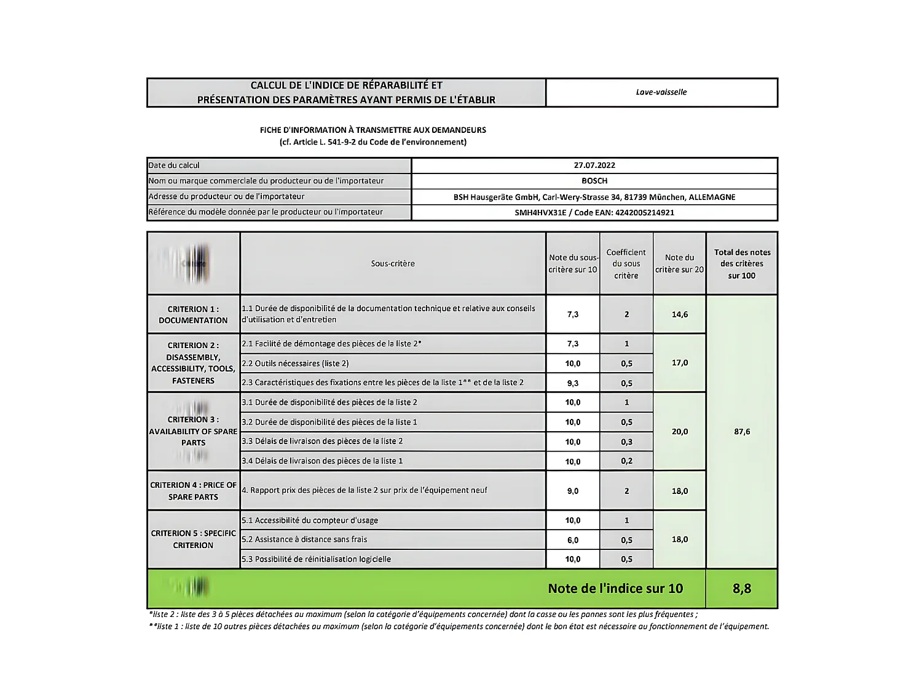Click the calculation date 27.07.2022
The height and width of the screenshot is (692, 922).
click(594, 165)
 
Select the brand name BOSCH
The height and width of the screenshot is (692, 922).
click(594, 181)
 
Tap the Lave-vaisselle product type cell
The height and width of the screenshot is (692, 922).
click(661, 92)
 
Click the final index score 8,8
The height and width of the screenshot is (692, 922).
click(741, 589)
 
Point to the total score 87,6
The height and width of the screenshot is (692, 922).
click(741, 432)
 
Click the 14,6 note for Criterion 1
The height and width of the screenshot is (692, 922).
click(679, 314)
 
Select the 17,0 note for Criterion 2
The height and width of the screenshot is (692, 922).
click(679, 363)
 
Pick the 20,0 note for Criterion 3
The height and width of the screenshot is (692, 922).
click(679, 432)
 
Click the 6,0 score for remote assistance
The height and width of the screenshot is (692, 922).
click(572, 540)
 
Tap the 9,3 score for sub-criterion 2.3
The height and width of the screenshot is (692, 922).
click(572, 383)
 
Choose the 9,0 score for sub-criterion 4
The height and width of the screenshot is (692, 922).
click(572, 491)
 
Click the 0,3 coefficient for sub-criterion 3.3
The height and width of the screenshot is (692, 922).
click(626, 442)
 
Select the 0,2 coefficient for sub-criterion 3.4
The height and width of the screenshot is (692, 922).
click(626, 461)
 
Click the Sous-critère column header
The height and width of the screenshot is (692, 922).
click(392, 264)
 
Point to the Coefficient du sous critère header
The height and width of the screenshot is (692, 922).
click(626, 264)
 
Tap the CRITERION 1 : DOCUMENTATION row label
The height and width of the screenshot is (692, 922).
click(193, 314)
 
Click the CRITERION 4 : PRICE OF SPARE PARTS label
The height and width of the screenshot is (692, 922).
click(193, 491)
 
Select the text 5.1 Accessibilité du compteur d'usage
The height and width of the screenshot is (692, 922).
click(310, 520)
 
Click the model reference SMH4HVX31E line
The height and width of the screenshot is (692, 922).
click(594, 213)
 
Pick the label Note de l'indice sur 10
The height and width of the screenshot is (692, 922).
click(615, 589)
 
